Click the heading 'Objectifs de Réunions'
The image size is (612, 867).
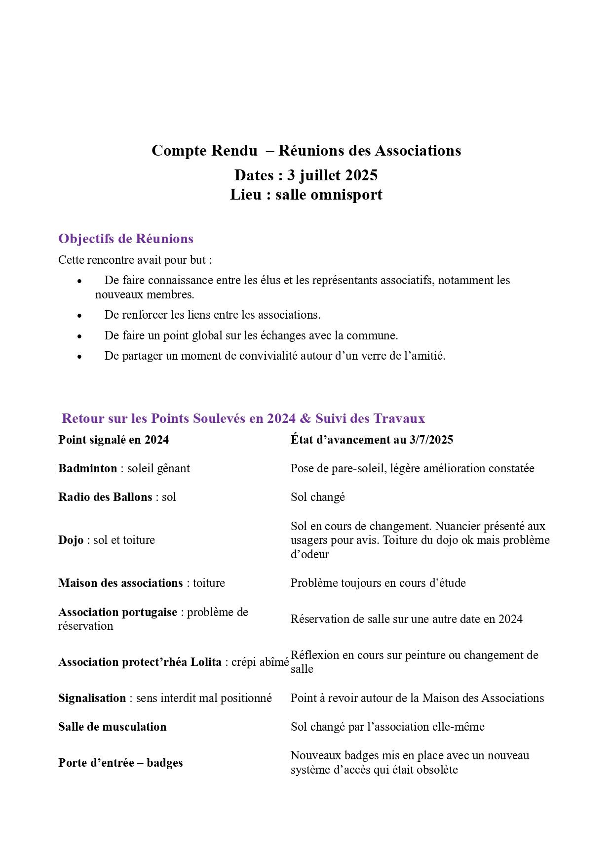click(x=125, y=239)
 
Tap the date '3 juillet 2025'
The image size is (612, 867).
click(x=332, y=175)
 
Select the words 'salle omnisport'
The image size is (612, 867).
click(x=329, y=195)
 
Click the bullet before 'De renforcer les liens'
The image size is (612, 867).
click(x=79, y=315)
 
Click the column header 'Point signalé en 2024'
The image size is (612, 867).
click(x=113, y=440)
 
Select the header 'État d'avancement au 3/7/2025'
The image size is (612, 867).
click(x=371, y=440)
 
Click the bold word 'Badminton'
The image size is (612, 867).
click(x=87, y=468)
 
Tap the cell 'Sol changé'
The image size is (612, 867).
click(x=317, y=497)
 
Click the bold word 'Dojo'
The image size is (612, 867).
click(x=71, y=540)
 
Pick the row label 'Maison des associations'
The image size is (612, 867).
click(x=120, y=583)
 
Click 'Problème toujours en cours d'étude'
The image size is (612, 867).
click(x=378, y=583)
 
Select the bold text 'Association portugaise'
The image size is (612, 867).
click(x=117, y=612)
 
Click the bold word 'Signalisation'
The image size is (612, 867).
click(x=92, y=698)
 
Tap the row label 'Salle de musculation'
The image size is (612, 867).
click(x=112, y=727)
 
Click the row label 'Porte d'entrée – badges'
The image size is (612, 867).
click(x=120, y=763)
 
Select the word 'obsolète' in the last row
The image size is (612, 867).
click(x=436, y=770)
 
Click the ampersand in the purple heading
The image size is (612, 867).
click(x=305, y=418)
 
